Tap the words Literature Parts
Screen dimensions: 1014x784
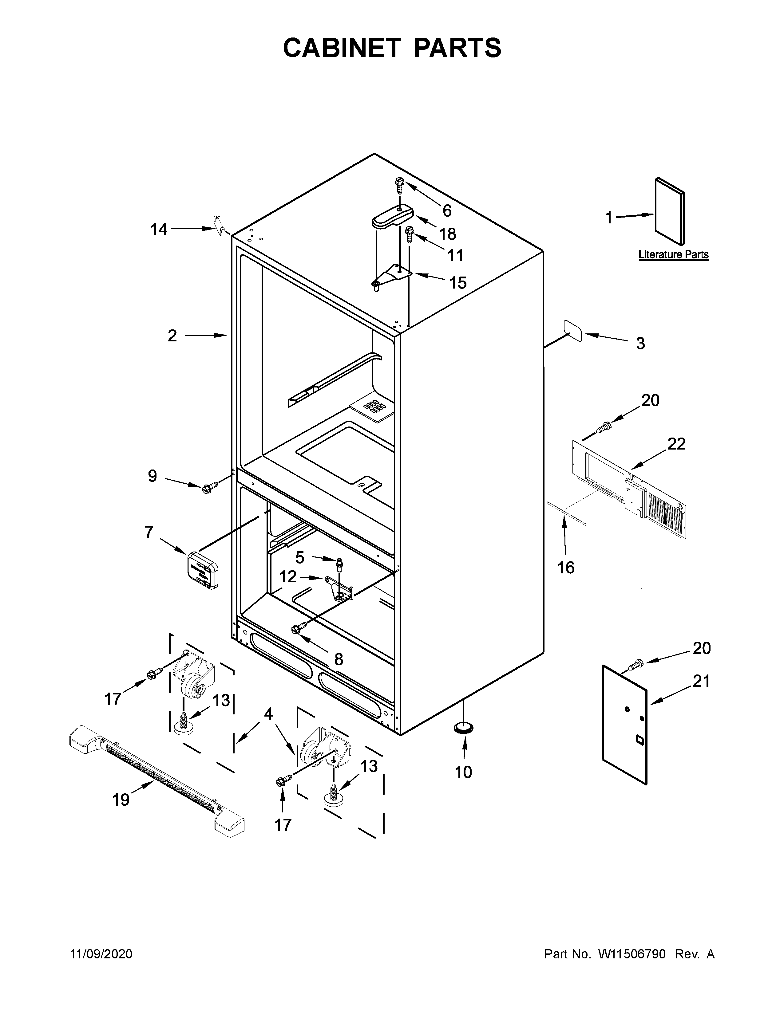coord(673,254)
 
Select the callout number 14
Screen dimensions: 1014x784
coord(159,229)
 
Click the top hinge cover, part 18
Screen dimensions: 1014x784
coord(393,216)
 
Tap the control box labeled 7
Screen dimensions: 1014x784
coord(203,570)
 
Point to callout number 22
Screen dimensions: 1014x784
coord(676,444)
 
